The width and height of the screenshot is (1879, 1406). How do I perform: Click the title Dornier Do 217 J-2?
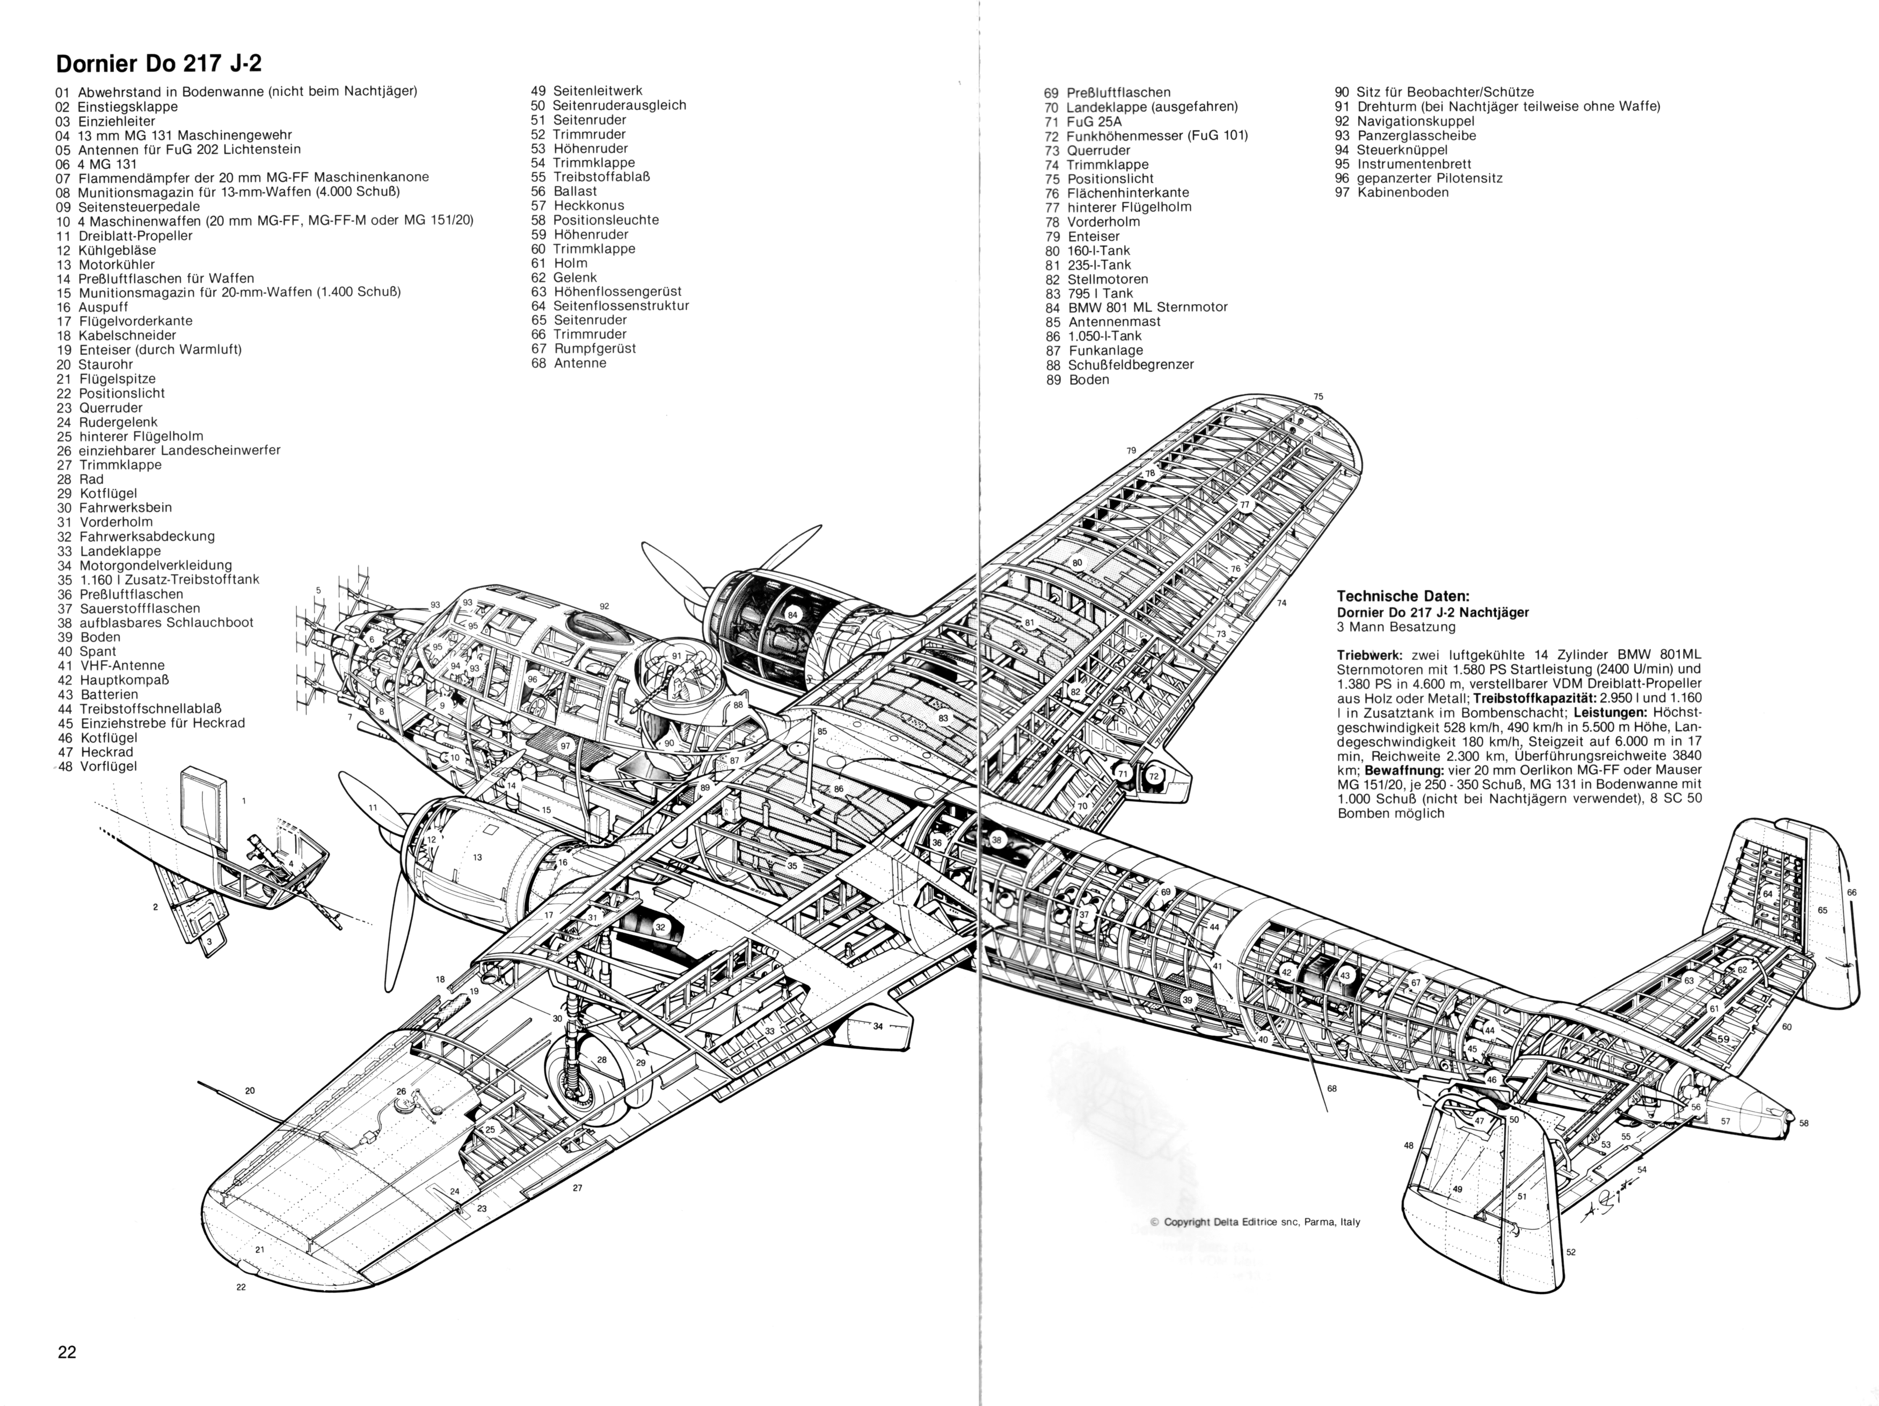153,64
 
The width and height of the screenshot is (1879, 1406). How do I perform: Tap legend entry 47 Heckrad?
96,752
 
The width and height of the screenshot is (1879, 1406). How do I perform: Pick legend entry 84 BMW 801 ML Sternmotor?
1137,307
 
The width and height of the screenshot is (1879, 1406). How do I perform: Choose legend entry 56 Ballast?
564,191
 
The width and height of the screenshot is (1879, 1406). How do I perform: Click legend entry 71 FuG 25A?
1083,121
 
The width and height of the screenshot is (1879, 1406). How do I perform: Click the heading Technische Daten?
1403,596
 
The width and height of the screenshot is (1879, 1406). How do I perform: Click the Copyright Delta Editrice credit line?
1255,1222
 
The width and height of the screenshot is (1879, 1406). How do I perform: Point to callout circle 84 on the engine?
792,615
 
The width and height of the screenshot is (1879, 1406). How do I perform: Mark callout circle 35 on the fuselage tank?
792,866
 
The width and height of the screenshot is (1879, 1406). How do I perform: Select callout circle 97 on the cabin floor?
565,746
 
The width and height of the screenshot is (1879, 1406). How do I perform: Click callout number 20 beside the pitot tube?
250,1091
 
